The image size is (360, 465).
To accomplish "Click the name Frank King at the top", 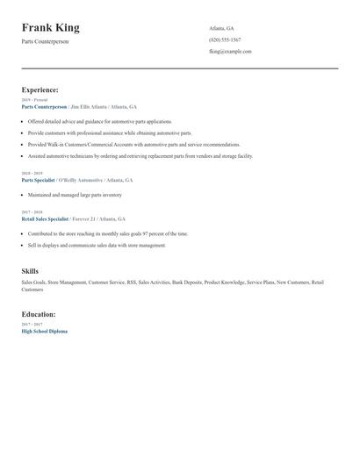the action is pos(51,28).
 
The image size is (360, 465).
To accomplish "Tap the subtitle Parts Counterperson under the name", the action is pos(50,41).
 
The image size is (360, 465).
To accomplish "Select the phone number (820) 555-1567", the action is pos(225,40).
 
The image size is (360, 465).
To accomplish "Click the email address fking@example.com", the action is pos(230,52).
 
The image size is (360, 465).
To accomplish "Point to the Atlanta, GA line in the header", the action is pos(221,29).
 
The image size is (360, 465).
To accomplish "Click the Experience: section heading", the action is pos(40,89).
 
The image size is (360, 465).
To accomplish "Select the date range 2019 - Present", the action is pos(34,100).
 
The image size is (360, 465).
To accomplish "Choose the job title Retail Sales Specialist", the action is pos(45,218).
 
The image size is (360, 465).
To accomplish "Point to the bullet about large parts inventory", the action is pos(75,195).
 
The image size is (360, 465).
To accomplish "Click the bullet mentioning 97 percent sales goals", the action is pos(108,234).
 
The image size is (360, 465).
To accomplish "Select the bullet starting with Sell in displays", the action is pos(97,246).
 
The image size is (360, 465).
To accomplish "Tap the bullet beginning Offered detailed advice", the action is pos(100,122).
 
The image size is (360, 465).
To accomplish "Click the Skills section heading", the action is pos(30,271).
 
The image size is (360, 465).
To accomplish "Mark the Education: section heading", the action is pos(39,314).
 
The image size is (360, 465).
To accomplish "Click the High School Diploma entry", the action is pos(44,331).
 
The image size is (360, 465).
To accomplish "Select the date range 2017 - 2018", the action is pos(32,212).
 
